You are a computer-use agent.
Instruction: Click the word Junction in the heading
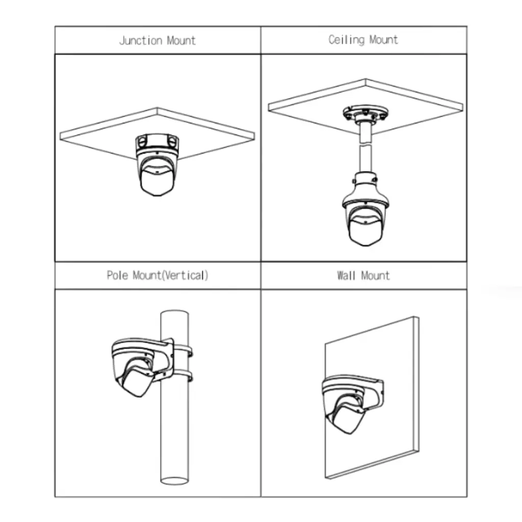(141, 41)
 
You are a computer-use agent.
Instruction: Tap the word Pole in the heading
(117, 275)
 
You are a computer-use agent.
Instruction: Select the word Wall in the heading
(346, 276)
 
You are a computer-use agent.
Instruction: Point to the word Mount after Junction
(181, 41)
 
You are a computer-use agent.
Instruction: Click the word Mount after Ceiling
(383, 40)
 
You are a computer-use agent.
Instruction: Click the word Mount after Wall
(375, 276)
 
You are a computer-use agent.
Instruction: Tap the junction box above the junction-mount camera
(157, 142)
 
